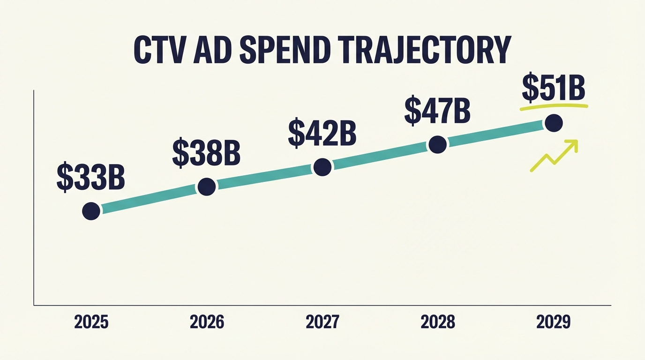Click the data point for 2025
[x=91, y=211]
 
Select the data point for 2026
[x=207, y=187]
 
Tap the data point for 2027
[x=322, y=167]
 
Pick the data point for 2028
[x=437, y=145]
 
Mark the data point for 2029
[x=554, y=123]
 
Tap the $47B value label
[x=437, y=111]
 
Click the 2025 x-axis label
[x=91, y=322]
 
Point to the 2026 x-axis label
[x=207, y=322]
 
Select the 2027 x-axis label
[x=322, y=322]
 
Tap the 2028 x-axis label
[x=438, y=322]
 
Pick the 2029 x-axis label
[x=554, y=322]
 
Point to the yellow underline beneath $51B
[x=554, y=107]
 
